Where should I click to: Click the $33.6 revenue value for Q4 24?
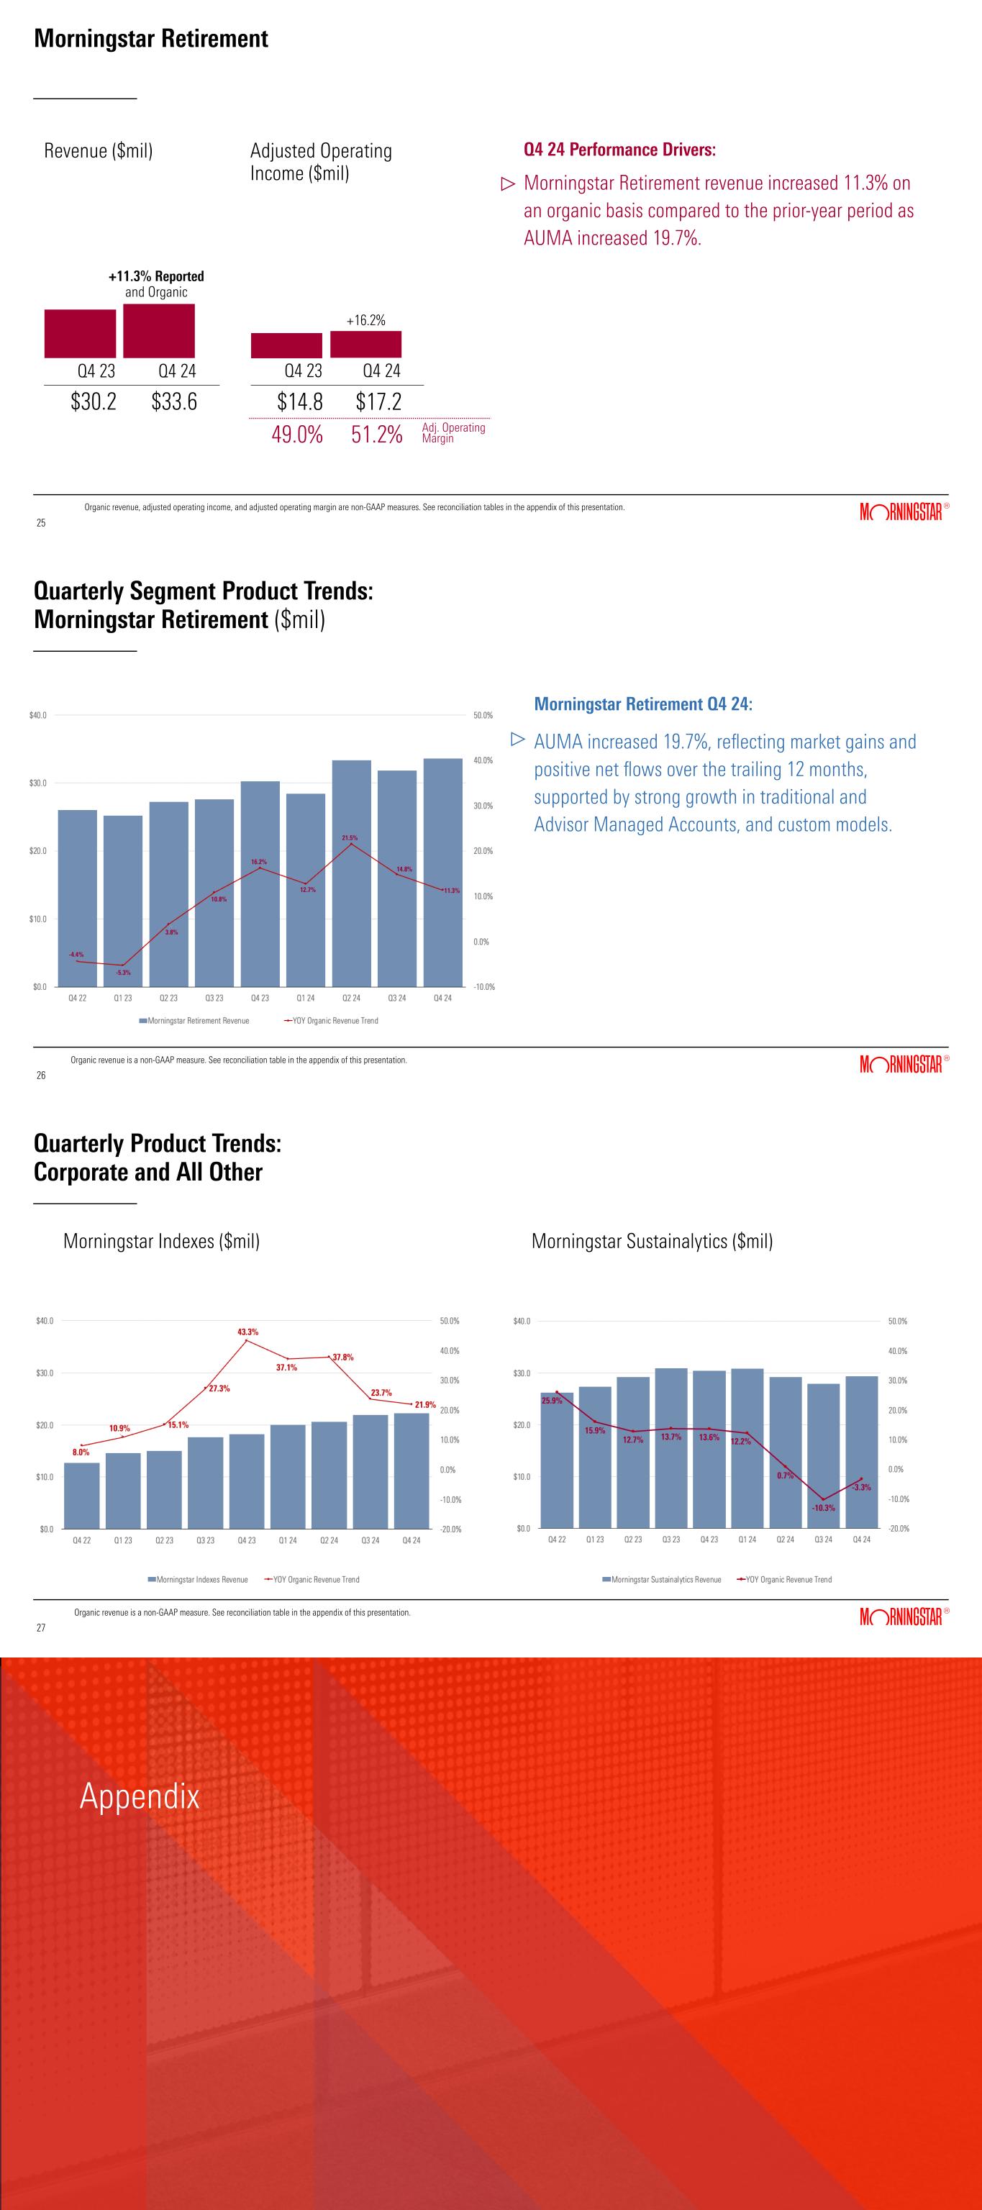pyautogui.click(x=174, y=401)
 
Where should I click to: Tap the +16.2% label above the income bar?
pyautogui.click(x=366, y=320)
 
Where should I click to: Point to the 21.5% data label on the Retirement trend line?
pyautogui.click(x=350, y=837)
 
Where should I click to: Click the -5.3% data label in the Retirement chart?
pyautogui.click(x=124, y=972)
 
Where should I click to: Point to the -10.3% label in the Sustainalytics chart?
pyautogui.click(x=823, y=1507)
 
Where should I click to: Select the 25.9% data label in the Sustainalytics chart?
pyautogui.click(x=553, y=1400)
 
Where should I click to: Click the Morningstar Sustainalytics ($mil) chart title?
pyautogui.click(x=652, y=1240)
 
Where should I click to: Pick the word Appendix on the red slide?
pyautogui.click(x=140, y=1796)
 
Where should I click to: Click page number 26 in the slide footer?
pyautogui.click(x=40, y=1075)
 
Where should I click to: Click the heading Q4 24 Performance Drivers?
pyautogui.click(x=619, y=150)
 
